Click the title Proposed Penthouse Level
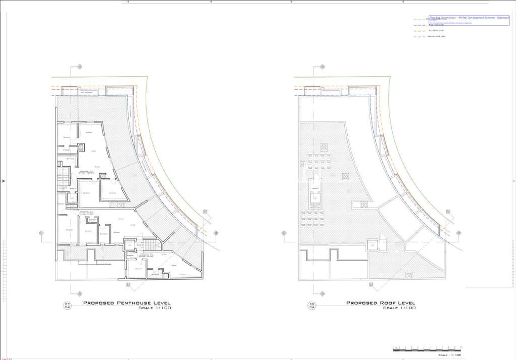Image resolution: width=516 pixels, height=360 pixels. coord(126,303)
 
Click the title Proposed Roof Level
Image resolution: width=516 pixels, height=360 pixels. coord(380,303)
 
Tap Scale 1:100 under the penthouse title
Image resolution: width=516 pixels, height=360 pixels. coord(155,308)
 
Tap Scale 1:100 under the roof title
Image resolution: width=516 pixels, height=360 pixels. coord(399,308)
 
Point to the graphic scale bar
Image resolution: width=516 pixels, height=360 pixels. coord(427,348)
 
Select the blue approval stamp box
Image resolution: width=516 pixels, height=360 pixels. coord(469,20)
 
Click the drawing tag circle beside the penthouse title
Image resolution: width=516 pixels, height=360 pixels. coord(67,305)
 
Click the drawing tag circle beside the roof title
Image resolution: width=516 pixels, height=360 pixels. coord(312,305)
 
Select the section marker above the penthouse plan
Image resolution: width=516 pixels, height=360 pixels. coord(79,67)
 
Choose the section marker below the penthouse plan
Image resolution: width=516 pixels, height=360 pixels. coord(79,293)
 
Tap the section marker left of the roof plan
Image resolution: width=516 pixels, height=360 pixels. coord(284,233)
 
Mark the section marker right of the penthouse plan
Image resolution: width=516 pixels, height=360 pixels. coord(216,233)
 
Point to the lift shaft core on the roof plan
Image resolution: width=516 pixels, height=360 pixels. coord(315,193)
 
